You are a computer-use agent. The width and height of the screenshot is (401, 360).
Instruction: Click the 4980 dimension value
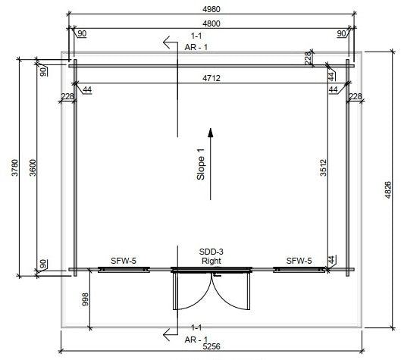pyautogui.click(x=211, y=9)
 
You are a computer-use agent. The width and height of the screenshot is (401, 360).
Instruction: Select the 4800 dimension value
pyautogui.click(x=211, y=23)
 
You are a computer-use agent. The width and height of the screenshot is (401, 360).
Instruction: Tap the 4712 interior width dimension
pyautogui.click(x=211, y=78)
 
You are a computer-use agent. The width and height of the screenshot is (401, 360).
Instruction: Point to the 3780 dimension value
pyautogui.click(x=15, y=167)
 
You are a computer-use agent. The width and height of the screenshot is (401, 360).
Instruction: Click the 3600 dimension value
pyautogui.click(x=33, y=167)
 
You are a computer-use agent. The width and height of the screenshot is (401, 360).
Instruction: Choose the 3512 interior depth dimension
pyautogui.click(x=324, y=167)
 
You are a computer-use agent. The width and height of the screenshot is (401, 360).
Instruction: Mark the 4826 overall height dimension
pyautogui.click(x=388, y=189)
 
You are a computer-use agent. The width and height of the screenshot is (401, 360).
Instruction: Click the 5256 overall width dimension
pyautogui.click(x=211, y=346)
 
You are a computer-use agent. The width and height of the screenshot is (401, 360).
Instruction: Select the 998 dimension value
pyautogui.click(x=85, y=299)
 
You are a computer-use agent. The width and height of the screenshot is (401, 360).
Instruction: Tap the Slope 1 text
pyautogui.click(x=201, y=164)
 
